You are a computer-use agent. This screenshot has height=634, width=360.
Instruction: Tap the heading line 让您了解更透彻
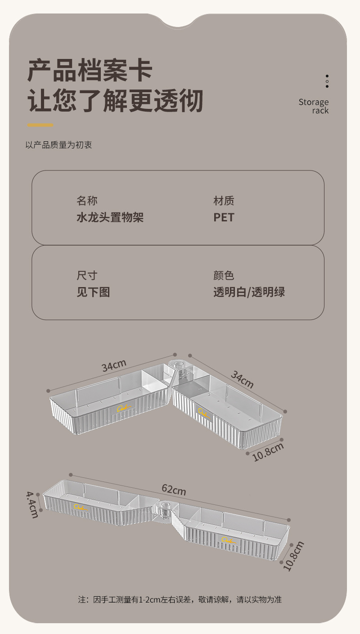point(116,101)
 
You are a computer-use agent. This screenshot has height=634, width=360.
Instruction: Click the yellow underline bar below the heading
point(40,125)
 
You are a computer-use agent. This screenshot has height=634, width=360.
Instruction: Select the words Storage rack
point(314,106)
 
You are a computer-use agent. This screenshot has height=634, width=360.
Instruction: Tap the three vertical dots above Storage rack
point(327,81)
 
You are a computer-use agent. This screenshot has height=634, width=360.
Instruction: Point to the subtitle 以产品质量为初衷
point(59,145)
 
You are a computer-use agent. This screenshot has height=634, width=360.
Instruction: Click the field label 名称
point(87,201)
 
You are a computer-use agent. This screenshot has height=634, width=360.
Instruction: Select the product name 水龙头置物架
point(110,218)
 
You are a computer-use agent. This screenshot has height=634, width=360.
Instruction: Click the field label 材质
point(224,201)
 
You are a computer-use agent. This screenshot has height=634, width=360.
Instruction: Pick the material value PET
point(224,218)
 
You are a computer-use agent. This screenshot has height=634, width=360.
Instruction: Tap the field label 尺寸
point(87,275)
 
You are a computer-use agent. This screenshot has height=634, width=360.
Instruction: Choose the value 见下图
point(93,292)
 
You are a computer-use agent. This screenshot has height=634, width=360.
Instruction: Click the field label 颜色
point(224,275)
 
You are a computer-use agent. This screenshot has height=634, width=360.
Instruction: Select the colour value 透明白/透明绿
point(249,292)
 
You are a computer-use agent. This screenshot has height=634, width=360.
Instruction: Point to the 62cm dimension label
point(174,489)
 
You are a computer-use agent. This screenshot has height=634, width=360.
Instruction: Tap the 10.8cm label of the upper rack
point(268,452)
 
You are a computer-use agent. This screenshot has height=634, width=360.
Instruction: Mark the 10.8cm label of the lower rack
point(294,556)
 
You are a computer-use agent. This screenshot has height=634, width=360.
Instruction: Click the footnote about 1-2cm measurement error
point(180,599)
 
